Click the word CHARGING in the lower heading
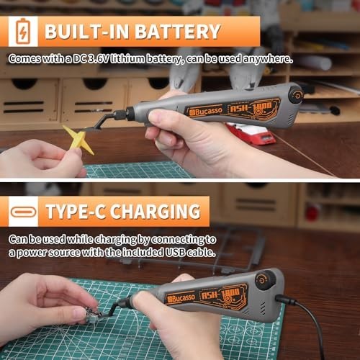pos(153,212)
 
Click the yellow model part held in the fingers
pos(78,140)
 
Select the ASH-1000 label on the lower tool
pos(226,294)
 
